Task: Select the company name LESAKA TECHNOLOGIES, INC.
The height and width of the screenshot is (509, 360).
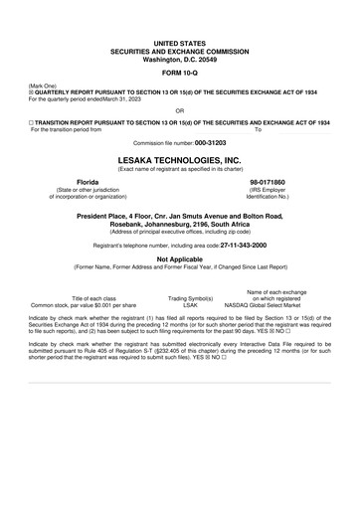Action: (x=179, y=158)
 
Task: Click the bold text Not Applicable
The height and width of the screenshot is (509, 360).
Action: (x=179, y=257)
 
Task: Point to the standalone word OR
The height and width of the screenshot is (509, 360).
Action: (x=179, y=110)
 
